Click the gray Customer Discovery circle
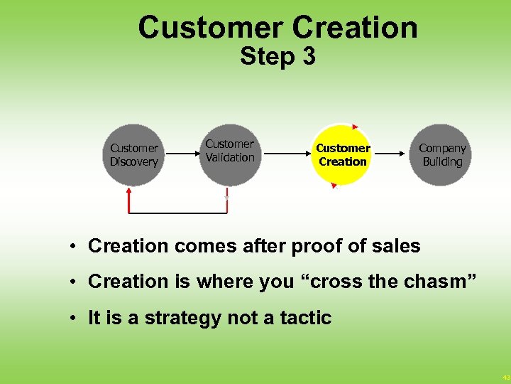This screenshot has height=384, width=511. pos(133,155)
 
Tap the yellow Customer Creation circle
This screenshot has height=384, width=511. pos(342,155)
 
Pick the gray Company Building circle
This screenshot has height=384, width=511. pos(441,155)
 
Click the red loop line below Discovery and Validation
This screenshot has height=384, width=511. pos(177,212)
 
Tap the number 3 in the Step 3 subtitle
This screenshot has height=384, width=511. pos(308,56)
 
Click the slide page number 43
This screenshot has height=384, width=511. pos(505,377)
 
